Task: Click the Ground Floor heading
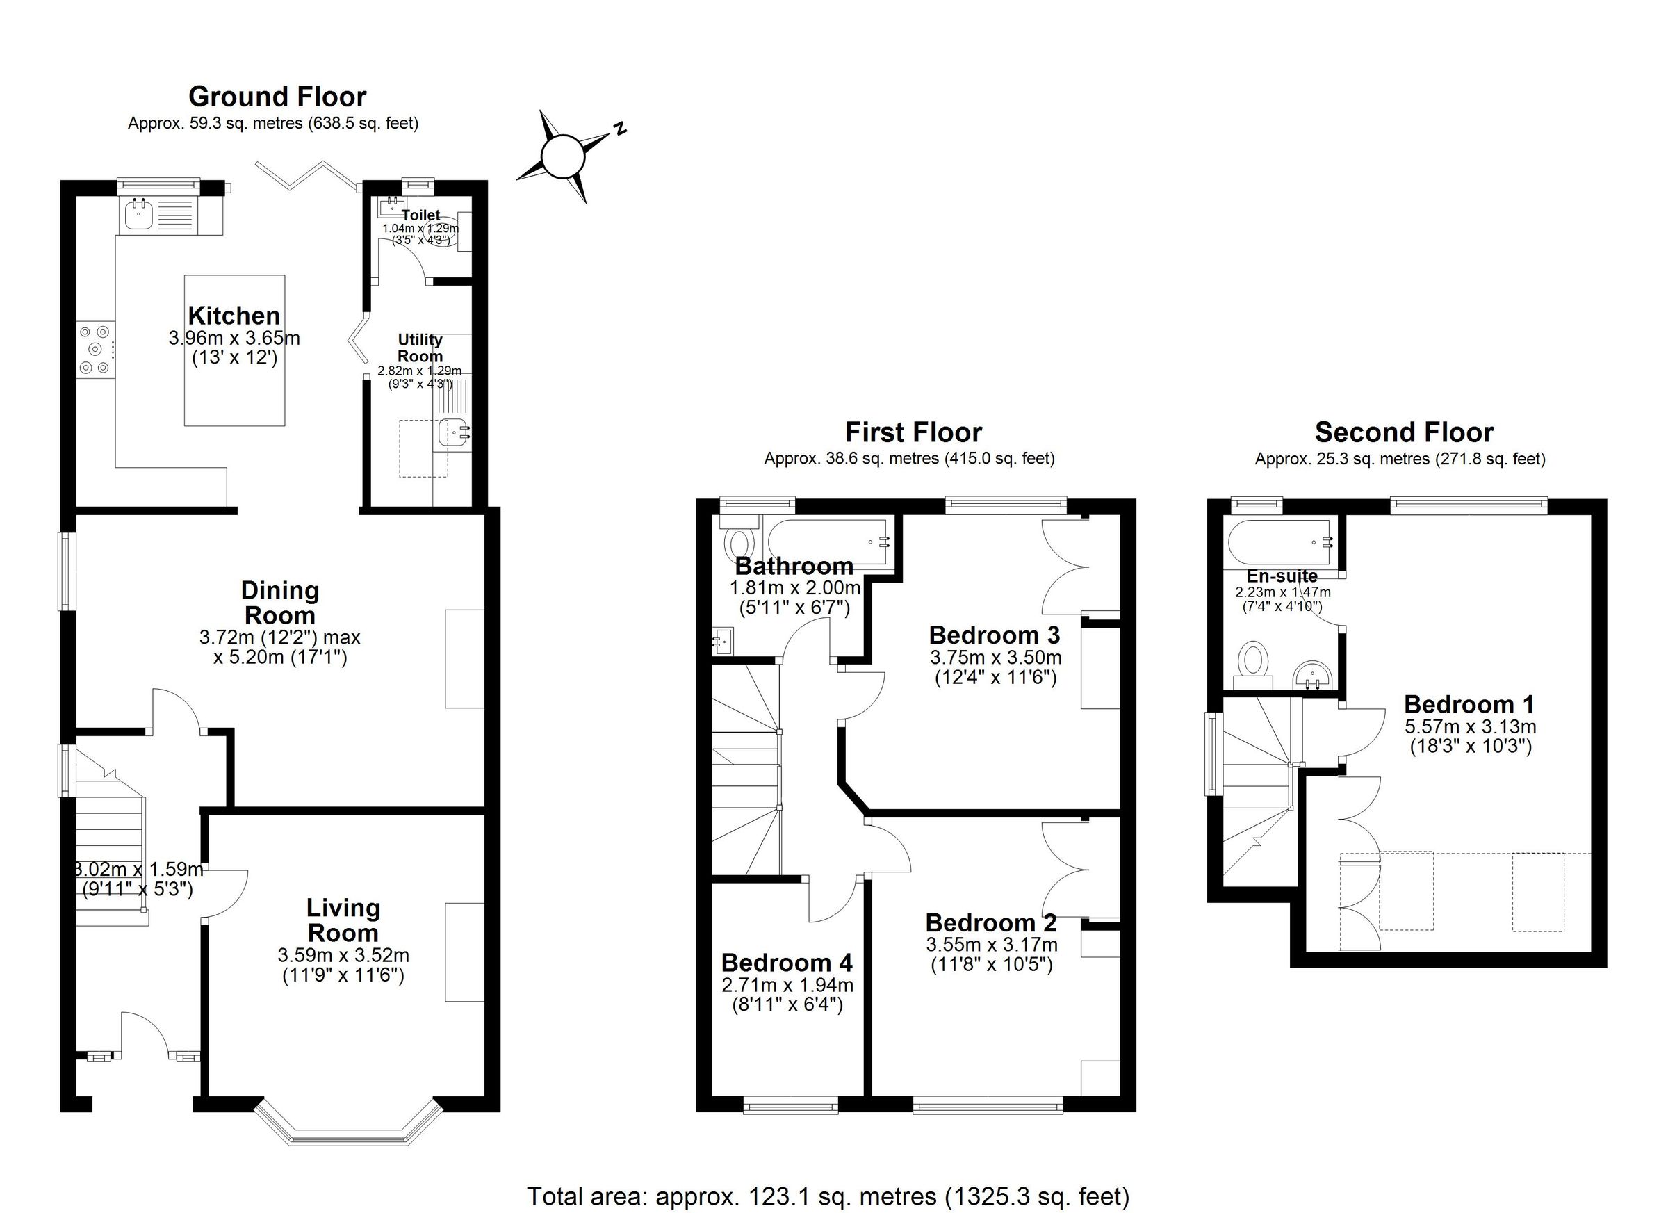[277, 97]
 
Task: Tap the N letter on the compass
[621, 128]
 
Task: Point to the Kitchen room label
[234, 316]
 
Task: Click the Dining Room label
[279, 603]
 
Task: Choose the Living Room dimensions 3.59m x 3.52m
[343, 956]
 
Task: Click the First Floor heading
[913, 432]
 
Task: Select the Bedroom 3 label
[995, 635]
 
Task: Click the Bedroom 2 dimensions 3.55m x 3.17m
[991, 945]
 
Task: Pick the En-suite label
[1282, 576]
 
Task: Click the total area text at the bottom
[827, 1196]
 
